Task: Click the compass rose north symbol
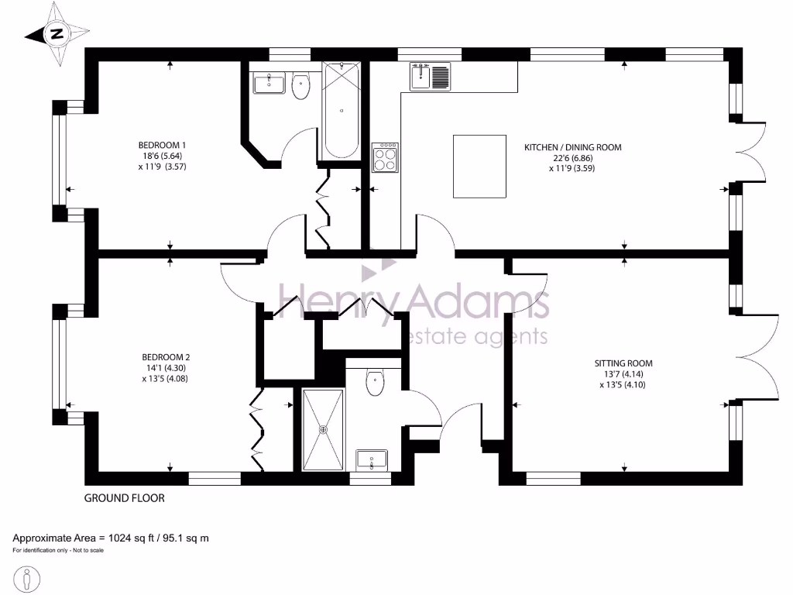tap(56, 33)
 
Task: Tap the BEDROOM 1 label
tap(162, 145)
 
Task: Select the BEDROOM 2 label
tap(162, 357)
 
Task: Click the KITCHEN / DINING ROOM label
tap(572, 146)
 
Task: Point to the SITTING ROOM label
tap(623, 363)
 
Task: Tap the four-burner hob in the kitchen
tap(385, 158)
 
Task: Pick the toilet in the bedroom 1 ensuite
tap(301, 86)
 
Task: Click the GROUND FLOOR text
tap(124, 498)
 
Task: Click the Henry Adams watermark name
tap(414, 301)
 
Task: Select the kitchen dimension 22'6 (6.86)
tap(572, 157)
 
